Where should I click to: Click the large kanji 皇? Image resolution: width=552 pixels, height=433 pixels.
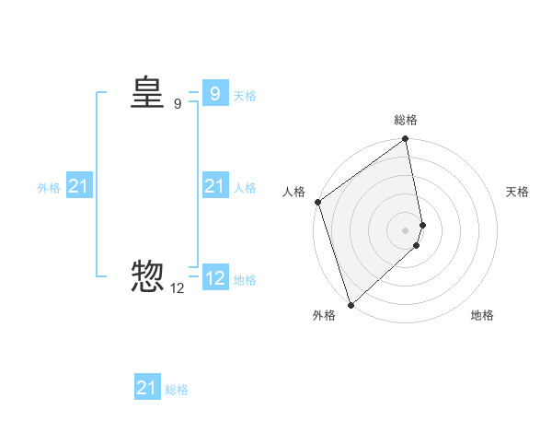[147, 92]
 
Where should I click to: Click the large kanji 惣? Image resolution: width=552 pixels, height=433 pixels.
[147, 276]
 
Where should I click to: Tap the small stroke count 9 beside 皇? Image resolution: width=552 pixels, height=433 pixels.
[178, 104]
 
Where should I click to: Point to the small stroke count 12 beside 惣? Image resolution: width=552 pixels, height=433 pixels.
[178, 288]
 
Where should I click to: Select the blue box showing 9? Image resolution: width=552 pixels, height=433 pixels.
[214, 93]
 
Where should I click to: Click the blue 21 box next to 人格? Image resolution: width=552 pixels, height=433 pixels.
[214, 186]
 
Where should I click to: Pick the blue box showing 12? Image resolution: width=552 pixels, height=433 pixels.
[214, 278]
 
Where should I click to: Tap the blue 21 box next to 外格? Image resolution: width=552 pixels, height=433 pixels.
[78, 186]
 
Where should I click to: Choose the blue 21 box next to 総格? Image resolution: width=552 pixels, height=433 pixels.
[146, 388]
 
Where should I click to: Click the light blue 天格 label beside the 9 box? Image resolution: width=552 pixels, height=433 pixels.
[245, 95]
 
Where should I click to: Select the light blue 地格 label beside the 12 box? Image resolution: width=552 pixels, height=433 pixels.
[245, 280]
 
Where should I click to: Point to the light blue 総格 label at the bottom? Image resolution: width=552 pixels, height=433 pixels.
[177, 390]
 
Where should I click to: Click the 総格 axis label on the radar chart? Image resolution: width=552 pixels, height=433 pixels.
[406, 120]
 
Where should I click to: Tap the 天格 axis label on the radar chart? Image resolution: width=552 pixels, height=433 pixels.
[518, 192]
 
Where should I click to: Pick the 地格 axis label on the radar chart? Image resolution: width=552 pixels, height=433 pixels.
[482, 315]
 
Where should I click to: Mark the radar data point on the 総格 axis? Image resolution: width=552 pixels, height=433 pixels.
[406, 140]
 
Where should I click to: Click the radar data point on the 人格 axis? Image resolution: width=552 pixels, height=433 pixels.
[317, 202]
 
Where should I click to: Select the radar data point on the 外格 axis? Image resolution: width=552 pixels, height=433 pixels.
[351, 304]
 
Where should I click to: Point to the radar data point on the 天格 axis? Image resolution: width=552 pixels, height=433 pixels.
[422, 225]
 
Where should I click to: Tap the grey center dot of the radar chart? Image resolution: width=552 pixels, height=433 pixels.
[406, 230]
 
